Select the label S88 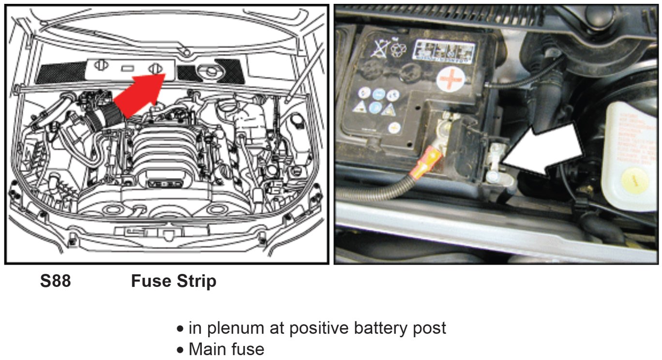[55, 281]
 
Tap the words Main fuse [226, 349]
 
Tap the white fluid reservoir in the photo [631, 155]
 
